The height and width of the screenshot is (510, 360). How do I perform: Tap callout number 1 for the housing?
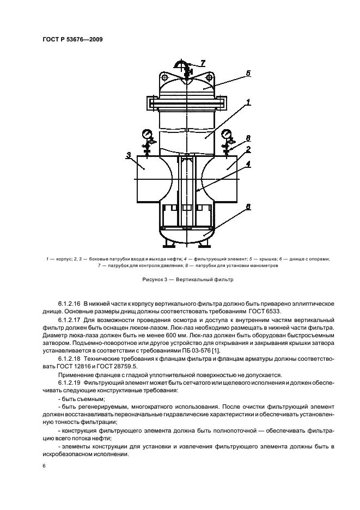pyautogui.click(x=248, y=102)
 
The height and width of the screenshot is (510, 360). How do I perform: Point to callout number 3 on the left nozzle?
pyautogui.click(x=128, y=155)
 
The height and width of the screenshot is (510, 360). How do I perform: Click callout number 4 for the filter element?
pyautogui.click(x=248, y=162)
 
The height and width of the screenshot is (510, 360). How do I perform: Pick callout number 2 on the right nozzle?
pyautogui.click(x=248, y=148)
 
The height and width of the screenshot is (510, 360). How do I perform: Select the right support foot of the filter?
pyautogui.click(x=206, y=240)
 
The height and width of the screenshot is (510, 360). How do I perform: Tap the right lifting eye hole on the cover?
pyautogui.click(x=208, y=79)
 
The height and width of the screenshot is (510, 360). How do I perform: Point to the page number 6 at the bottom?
pyautogui.click(x=45, y=466)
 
